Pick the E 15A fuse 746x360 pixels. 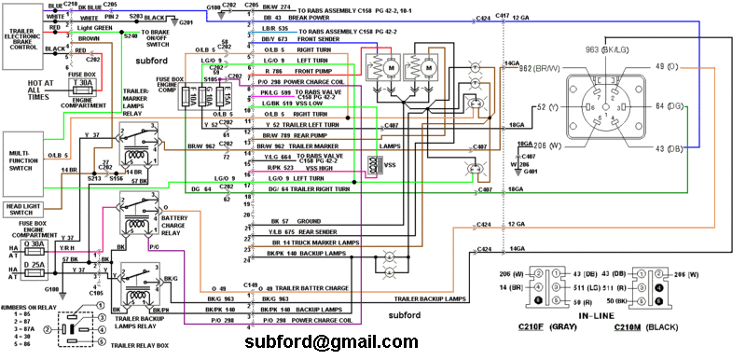coord(221,101)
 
